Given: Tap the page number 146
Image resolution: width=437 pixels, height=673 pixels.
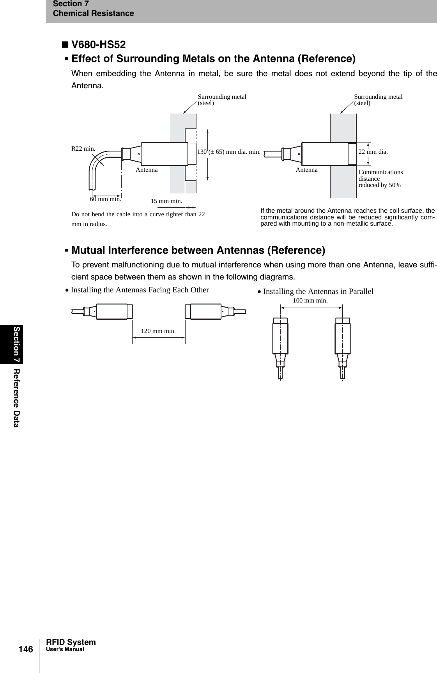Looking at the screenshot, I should click(x=26, y=649).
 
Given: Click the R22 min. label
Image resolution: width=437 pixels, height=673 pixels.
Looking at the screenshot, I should click(x=83, y=149).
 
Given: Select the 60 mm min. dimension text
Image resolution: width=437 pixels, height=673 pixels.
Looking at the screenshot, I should click(x=105, y=199).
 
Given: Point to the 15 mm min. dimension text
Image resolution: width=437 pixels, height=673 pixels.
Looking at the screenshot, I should click(x=166, y=201).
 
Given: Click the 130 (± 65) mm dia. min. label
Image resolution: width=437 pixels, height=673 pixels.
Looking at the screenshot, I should click(x=228, y=152).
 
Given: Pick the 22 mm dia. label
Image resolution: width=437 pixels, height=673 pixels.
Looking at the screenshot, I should click(x=373, y=152).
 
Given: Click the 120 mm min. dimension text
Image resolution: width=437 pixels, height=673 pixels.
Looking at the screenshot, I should click(x=158, y=331).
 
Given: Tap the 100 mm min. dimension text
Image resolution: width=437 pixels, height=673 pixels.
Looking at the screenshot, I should click(x=310, y=301).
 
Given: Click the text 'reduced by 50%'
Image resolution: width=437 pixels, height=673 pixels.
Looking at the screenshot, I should click(x=379, y=185).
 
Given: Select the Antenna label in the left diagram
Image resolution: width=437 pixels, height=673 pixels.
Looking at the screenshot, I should click(x=147, y=170).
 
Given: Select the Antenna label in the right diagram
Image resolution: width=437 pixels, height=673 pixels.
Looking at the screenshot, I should click(x=306, y=170).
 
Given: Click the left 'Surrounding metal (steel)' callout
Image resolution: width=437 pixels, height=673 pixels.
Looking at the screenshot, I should click(x=222, y=100).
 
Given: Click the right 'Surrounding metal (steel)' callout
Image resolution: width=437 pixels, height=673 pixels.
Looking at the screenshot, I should click(x=378, y=100).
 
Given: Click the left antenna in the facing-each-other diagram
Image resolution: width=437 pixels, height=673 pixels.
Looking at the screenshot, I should click(x=111, y=312).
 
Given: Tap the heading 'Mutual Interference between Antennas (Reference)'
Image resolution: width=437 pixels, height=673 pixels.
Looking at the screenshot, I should click(x=198, y=250).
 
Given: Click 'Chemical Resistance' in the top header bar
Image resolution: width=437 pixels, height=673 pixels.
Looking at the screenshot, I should click(x=93, y=14).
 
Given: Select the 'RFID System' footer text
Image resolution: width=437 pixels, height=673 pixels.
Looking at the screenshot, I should click(x=71, y=642).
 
